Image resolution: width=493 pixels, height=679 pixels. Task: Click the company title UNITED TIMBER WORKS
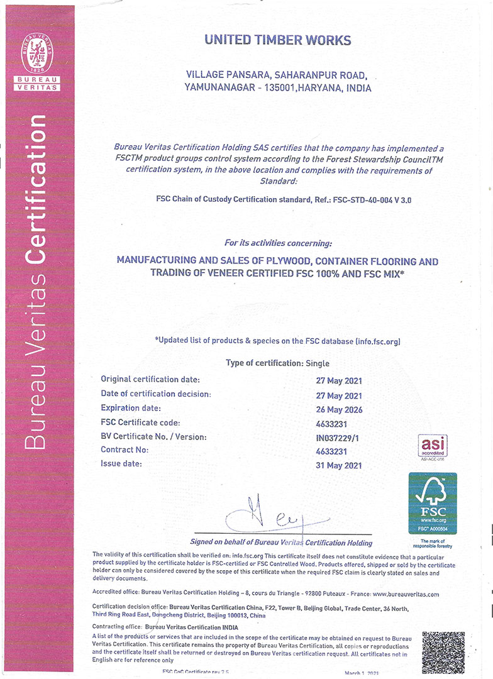[277, 40]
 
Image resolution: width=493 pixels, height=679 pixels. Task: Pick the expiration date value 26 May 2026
[339, 410]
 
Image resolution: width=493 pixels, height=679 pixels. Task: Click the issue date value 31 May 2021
[339, 465]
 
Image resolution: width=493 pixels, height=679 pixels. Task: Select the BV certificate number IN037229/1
[339, 438]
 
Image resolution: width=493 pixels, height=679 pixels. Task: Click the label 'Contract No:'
[125, 450]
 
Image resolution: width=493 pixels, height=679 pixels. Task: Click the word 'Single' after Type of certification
[317, 363]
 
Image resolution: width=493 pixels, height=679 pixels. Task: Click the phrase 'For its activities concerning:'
[278, 243]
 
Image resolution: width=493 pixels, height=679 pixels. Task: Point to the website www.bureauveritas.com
[406, 593]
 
